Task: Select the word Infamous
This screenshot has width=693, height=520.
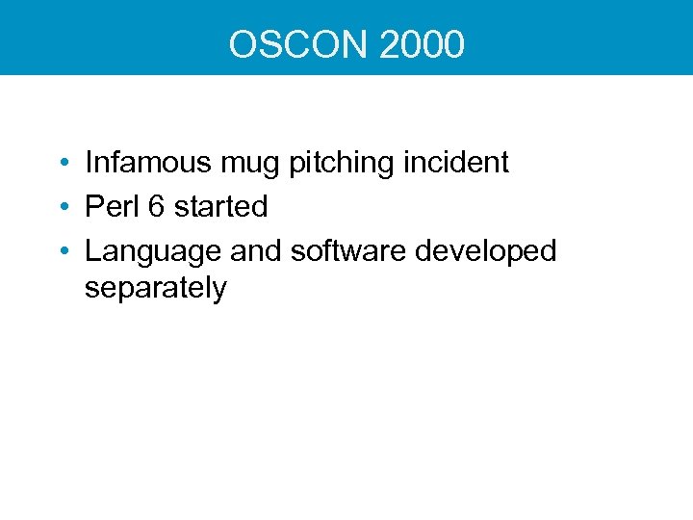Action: pyautogui.click(x=147, y=162)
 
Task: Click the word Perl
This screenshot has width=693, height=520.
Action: pyautogui.click(x=109, y=206)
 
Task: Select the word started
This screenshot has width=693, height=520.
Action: pyautogui.click(x=220, y=206)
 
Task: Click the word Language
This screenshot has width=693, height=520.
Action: pyautogui.click(x=153, y=252)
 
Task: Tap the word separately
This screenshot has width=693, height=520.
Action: pyautogui.click(x=156, y=289)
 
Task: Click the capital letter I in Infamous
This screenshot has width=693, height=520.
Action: pyautogui.click(x=89, y=162)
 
